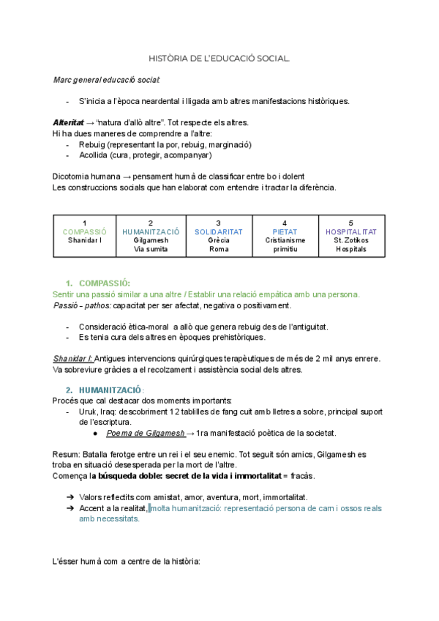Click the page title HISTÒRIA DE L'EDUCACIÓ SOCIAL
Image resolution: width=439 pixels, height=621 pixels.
coord(219,58)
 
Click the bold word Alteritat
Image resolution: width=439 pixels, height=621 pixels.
coord(67,122)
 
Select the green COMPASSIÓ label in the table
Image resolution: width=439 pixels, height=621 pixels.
coord(84,232)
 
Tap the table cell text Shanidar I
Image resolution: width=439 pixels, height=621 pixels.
coord(84,240)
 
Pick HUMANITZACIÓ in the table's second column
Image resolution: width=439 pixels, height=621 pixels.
coord(150,232)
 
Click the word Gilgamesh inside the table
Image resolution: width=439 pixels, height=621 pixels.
coord(150,240)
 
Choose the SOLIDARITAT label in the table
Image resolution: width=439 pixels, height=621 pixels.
coord(218,232)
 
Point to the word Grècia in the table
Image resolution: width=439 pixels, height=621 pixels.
coord(218,240)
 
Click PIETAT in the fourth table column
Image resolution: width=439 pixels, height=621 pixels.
coord(285,232)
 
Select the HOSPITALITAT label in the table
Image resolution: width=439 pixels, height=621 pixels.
coord(350,232)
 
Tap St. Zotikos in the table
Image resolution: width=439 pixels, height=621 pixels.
coord(350,240)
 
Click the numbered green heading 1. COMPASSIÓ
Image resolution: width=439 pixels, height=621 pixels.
coord(98,283)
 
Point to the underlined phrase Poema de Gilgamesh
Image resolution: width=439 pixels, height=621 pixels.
coord(145,434)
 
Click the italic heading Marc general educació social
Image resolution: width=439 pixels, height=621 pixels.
coord(106,79)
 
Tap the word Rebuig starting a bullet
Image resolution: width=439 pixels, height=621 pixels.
coord(92,144)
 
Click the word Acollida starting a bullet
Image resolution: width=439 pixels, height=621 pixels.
coord(94,155)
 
